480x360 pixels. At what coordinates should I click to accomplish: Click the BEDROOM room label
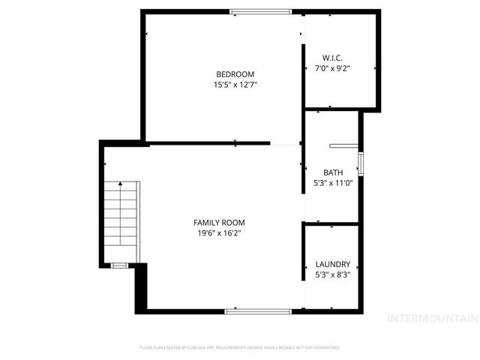[x=235, y=74]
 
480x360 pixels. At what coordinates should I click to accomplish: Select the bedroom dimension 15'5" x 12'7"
[x=235, y=85]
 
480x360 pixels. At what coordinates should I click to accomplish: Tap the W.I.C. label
[x=333, y=58]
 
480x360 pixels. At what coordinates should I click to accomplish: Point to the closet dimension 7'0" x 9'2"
[x=333, y=68]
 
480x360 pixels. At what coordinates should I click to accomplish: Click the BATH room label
[x=333, y=172]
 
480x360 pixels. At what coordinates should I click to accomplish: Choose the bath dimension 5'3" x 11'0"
[x=333, y=182]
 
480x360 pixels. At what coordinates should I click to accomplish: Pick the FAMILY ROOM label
[x=219, y=223]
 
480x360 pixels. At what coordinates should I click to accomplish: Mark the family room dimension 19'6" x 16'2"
[x=219, y=233]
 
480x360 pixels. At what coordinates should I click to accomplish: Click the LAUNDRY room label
[x=333, y=264]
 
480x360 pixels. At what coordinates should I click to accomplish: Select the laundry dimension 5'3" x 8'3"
[x=333, y=274]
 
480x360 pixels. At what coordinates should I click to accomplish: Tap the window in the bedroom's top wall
[x=260, y=11]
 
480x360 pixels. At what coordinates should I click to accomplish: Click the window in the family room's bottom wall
[x=258, y=310]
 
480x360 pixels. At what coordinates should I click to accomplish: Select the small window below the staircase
[x=118, y=265]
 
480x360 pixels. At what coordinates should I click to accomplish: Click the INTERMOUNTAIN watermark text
[x=431, y=318]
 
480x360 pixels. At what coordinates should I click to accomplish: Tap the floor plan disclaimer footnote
[x=240, y=348]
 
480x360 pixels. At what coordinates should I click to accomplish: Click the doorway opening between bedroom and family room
[x=285, y=143]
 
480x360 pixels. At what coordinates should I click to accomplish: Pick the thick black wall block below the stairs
[x=140, y=289]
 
